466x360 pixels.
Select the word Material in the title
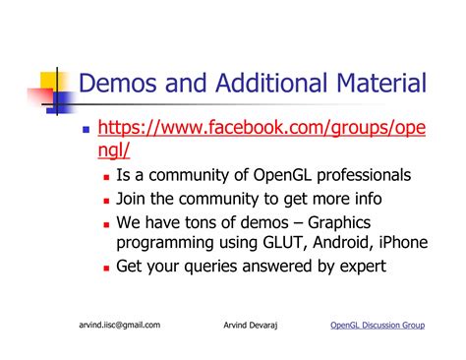(375, 84)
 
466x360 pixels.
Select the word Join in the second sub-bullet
(133, 198)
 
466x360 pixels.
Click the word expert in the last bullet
(359, 266)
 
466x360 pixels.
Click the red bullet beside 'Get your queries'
(106, 267)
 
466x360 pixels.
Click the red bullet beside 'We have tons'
(106, 221)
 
